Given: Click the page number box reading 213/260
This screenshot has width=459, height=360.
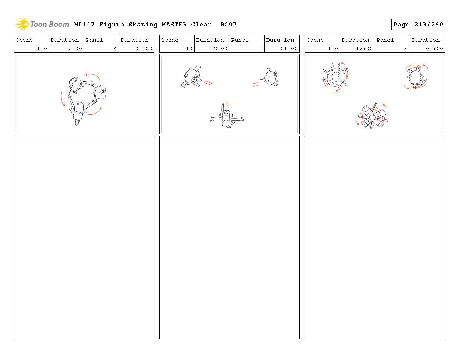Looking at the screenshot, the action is pyautogui.click(x=418, y=24).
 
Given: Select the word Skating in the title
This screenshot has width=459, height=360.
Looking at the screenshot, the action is pyautogui.click(x=143, y=25).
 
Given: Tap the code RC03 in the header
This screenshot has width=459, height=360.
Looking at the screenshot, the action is pyautogui.click(x=228, y=24).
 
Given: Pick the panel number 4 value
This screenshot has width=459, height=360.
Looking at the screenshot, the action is pyautogui.click(x=115, y=48).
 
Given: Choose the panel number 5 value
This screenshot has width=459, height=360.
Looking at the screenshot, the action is pyautogui.click(x=261, y=48).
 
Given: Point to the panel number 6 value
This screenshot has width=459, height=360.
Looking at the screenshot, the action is pyautogui.click(x=406, y=48).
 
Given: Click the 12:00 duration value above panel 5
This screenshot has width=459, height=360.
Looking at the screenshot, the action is pyautogui.click(x=219, y=48).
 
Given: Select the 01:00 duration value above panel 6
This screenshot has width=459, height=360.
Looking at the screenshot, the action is pyautogui.click(x=434, y=48).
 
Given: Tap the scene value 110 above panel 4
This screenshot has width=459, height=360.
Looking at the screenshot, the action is pyautogui.click(x=42, y=48).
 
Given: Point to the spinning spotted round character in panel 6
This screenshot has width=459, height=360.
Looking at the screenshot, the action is pyautogui.click(x=335, y=77).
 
